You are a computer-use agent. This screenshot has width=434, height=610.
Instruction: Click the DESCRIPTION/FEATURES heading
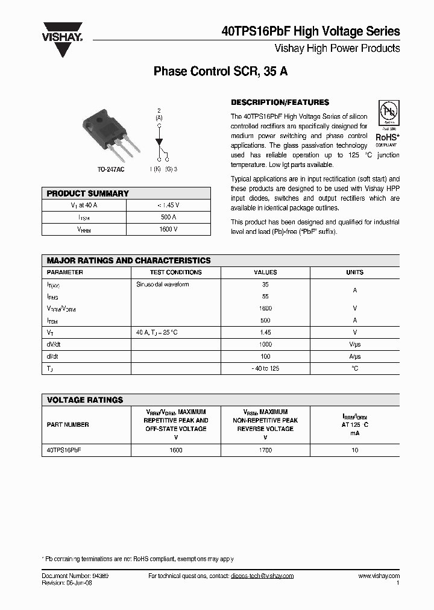(x=280, y=102)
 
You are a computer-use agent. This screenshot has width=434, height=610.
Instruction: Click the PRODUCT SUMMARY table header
(x=88, y=193)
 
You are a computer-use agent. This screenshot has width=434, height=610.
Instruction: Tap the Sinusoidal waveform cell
(x=163, y=285)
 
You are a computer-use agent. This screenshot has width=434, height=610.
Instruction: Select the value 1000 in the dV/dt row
(x=265, y=345)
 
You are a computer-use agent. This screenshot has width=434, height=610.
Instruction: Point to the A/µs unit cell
(x=354, y=357)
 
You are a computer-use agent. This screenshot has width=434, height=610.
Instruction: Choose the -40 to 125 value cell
(x=265, y=368)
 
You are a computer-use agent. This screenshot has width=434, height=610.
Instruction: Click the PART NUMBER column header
(x=68, y=425)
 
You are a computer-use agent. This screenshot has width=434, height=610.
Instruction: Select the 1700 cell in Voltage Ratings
(x=265, y=450)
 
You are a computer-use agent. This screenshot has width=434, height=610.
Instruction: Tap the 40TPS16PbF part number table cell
(x=63, y=450)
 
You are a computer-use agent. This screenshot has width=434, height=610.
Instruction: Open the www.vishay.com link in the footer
(x=379, y=576)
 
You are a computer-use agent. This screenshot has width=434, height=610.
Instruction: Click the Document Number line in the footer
(x=75, y=576)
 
